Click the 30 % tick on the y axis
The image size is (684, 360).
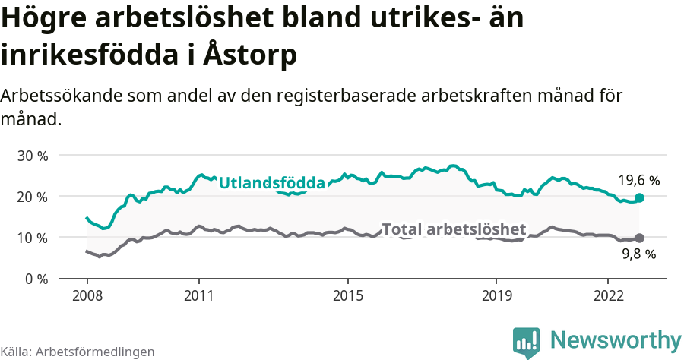pyautogui.click(x=32, y=156)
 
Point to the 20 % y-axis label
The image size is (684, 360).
pyautogui.click(x=32, y=197)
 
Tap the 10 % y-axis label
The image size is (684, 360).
pyautogui.click(x=32, y=238)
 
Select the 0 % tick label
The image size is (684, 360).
pyautogui.click(x=35, y=279)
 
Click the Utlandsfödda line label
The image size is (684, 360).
pyautogui.click(x=271, y=182)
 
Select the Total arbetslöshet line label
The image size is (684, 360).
pyautogui.click(x=454, y=229)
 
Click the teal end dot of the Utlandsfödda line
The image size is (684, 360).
pyautogui.click(x=639, y=197)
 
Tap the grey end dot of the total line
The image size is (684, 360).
pyautogui.click(x=639, y=238)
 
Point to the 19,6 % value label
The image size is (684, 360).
pyautogui.click(x=638, y=181)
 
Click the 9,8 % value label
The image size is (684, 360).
pyautogui.click(x=638, y=255)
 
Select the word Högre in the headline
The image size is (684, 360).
pyautogui.click(x=44, y=19)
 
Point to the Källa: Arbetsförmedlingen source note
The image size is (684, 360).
pyautogui.click(x=78, y=352)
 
